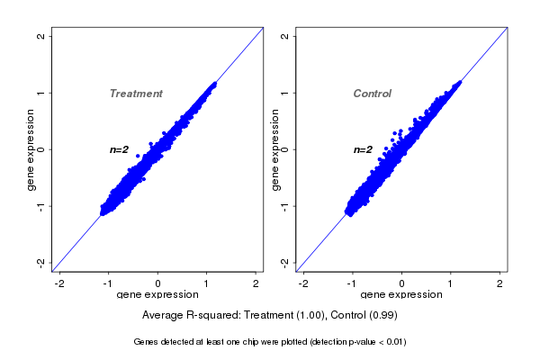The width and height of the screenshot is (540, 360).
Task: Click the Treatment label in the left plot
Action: pos(136,94)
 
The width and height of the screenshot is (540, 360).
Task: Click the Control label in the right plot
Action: pos(372,94)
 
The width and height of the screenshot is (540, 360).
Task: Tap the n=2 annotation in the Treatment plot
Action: pos(120,149)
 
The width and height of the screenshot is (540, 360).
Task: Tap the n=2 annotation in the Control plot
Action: pos(363,149)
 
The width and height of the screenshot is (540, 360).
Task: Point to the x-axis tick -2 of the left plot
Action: pos(60,283)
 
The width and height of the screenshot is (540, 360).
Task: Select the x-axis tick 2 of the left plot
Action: pos(256,283)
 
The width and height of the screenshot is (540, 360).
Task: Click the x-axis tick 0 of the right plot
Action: pos(401,283)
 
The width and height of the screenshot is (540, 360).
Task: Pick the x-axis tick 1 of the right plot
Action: pos(451,283)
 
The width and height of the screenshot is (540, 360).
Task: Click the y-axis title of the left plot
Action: pos(31,149)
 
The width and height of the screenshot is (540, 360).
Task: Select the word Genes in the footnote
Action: pos(145,342)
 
